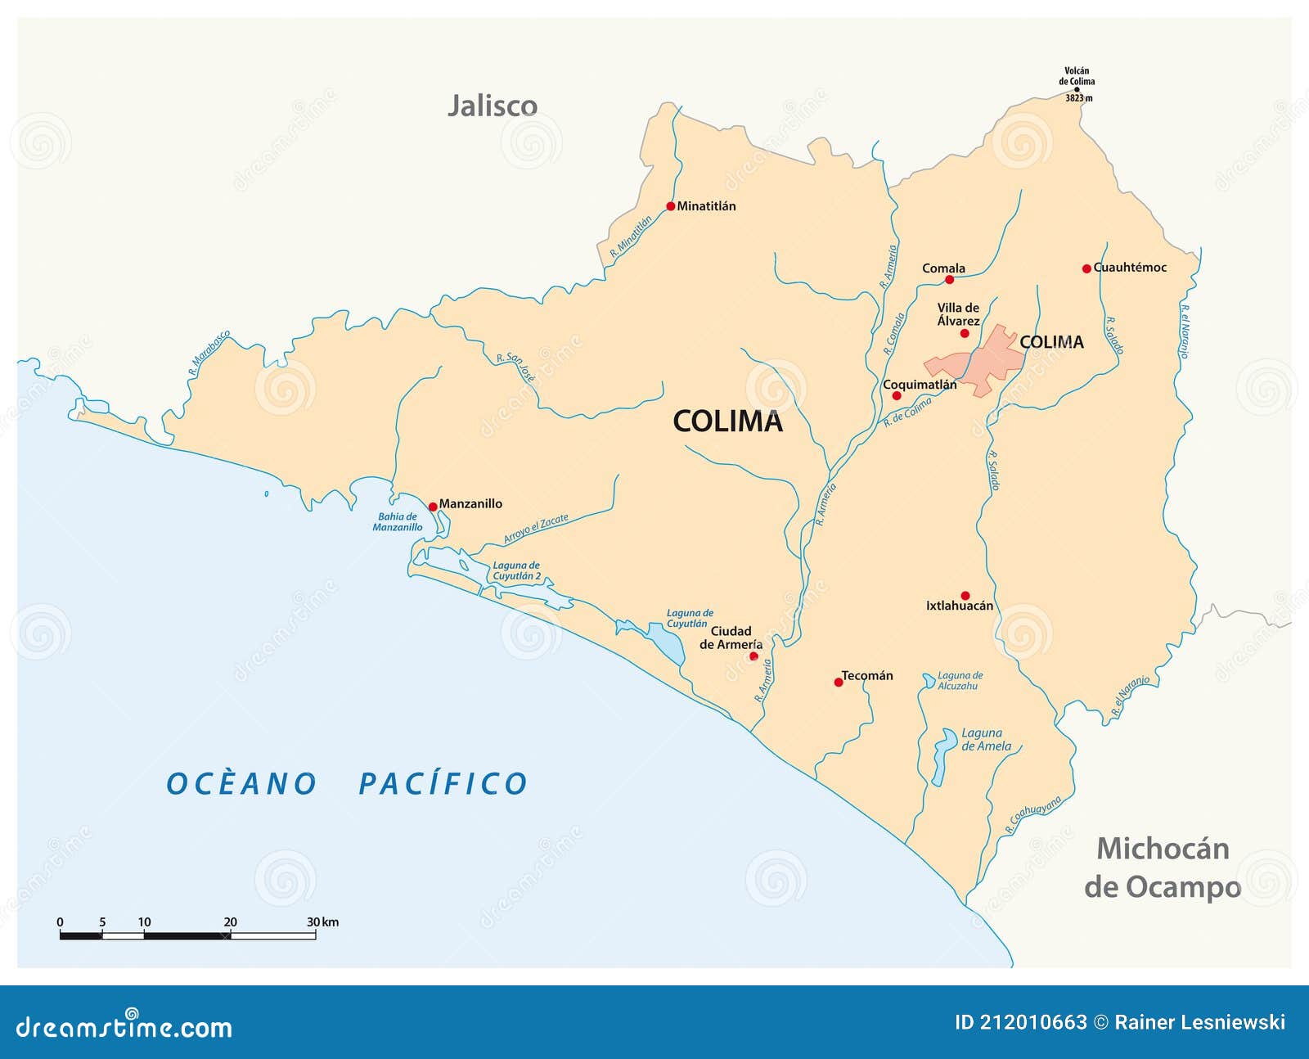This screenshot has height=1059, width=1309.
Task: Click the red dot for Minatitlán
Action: point(671,206)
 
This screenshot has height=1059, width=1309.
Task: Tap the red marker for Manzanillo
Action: point(433,507)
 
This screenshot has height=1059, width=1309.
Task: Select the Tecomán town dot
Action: point(839,682)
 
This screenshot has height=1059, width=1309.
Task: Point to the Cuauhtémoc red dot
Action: point(1086,268)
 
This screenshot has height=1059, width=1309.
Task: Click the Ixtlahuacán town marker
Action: point(965,596)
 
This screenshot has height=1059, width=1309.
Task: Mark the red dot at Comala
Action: point(949,280)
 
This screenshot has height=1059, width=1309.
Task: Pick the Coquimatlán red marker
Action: point(897,396)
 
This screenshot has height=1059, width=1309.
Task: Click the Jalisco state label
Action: point(493,106)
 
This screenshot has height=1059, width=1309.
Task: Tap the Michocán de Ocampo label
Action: point(1163,867)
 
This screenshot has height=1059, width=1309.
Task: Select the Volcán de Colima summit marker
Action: point(1077,90)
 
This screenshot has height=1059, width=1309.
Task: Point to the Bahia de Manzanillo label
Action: point(398,522)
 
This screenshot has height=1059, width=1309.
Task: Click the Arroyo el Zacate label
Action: point(535,529)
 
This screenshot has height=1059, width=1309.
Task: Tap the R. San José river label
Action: point(516,367)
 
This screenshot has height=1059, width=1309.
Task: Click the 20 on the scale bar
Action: point(231,922)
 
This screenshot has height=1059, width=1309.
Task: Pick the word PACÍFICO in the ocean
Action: point(443,783)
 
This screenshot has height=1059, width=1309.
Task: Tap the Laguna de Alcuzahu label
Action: point(960,681)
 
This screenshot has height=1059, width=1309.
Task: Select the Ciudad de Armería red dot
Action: point(753,656)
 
